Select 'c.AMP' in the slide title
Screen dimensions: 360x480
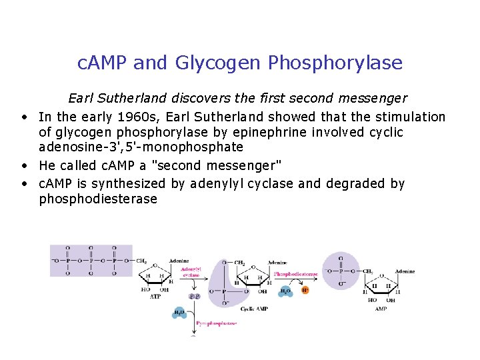coord(103,63)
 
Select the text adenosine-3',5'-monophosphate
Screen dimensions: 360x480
coord(141,147)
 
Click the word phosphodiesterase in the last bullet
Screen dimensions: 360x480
coord(98,199)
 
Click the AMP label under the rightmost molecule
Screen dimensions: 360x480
coord(381,309)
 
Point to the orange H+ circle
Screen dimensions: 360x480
coord(305,291)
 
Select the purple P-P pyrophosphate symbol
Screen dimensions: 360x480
coord(195,295)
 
